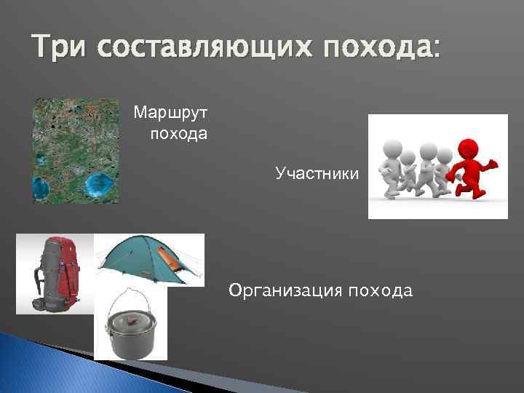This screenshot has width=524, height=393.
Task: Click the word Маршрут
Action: click(170, 114)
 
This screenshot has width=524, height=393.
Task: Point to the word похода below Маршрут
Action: click(178, 134)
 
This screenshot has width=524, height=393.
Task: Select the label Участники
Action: click(317, 173)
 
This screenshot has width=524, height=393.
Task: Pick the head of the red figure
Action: click(469, 145)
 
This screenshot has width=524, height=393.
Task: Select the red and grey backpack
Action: click(56, 274)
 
